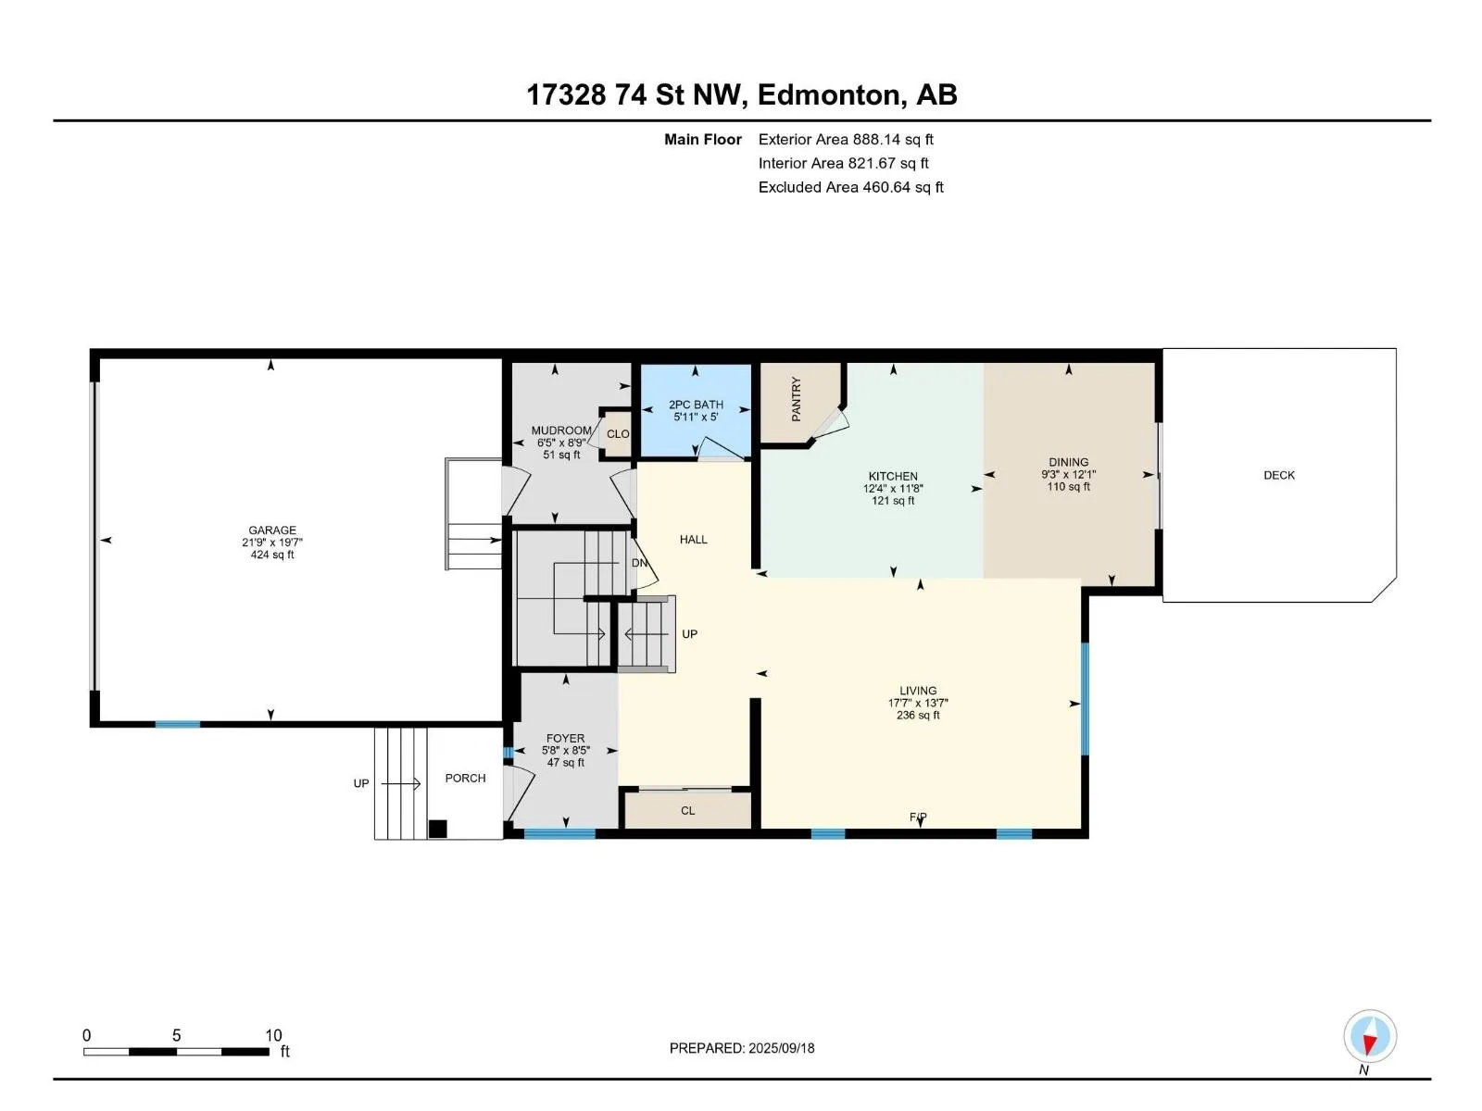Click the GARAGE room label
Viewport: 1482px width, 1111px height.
[x=272, y=531]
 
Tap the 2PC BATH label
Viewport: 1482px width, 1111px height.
[x=696, y=405]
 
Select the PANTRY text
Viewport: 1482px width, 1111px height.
[x=796, y=399]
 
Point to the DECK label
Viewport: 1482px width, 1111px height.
[x=1279, y=475]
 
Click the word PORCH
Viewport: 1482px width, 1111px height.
[x=465, y=778]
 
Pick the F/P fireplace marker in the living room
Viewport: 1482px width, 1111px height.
[x=918, y=817]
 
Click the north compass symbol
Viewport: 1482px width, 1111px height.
[x=1369, y=1036]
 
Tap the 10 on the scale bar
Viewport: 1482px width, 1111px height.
[x=272, y=1035]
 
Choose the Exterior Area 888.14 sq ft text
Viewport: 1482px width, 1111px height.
[x=846, y=140]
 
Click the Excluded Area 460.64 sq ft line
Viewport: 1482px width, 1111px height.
[x=850, y=188]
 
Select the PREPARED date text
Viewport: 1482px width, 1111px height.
[x=742, y=1048]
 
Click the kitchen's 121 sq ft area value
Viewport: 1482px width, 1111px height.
[x=893, y=501]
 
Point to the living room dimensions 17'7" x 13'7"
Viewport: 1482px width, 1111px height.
[x=918, y=703]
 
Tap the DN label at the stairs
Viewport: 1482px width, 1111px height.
[x=639, y=563]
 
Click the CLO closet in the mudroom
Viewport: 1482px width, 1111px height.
[x=618, y=433]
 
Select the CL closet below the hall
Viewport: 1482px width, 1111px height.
[x=687, y=810]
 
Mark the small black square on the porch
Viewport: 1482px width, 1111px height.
[x=437, y=829]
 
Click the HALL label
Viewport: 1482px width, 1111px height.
[x=694, y=540]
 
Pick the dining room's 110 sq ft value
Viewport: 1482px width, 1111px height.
[x=1068, y=486]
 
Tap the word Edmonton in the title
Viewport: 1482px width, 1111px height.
[x=831, y=95]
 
